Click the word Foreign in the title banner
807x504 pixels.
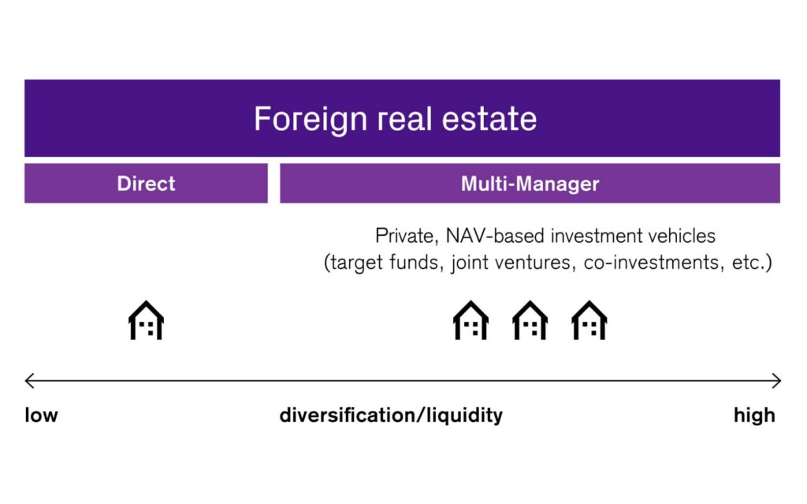(x=311, y=120)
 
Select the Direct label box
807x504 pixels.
(x=146, y=184)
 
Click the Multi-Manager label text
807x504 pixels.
(x=530, y=184)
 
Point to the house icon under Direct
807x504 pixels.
(x=146, y=320)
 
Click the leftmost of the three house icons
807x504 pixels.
(x=471, y=320)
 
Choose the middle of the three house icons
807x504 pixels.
(x=530, y=320)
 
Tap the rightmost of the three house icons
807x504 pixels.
(x=589, y=320)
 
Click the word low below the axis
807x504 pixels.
(x=41, y=415)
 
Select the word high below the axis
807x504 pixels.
(x=754, y=416)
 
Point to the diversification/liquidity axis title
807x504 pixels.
(x=391, y=416)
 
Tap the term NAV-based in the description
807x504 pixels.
(x=495, y=236)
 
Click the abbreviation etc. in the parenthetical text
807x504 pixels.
(x=749, y=263)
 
